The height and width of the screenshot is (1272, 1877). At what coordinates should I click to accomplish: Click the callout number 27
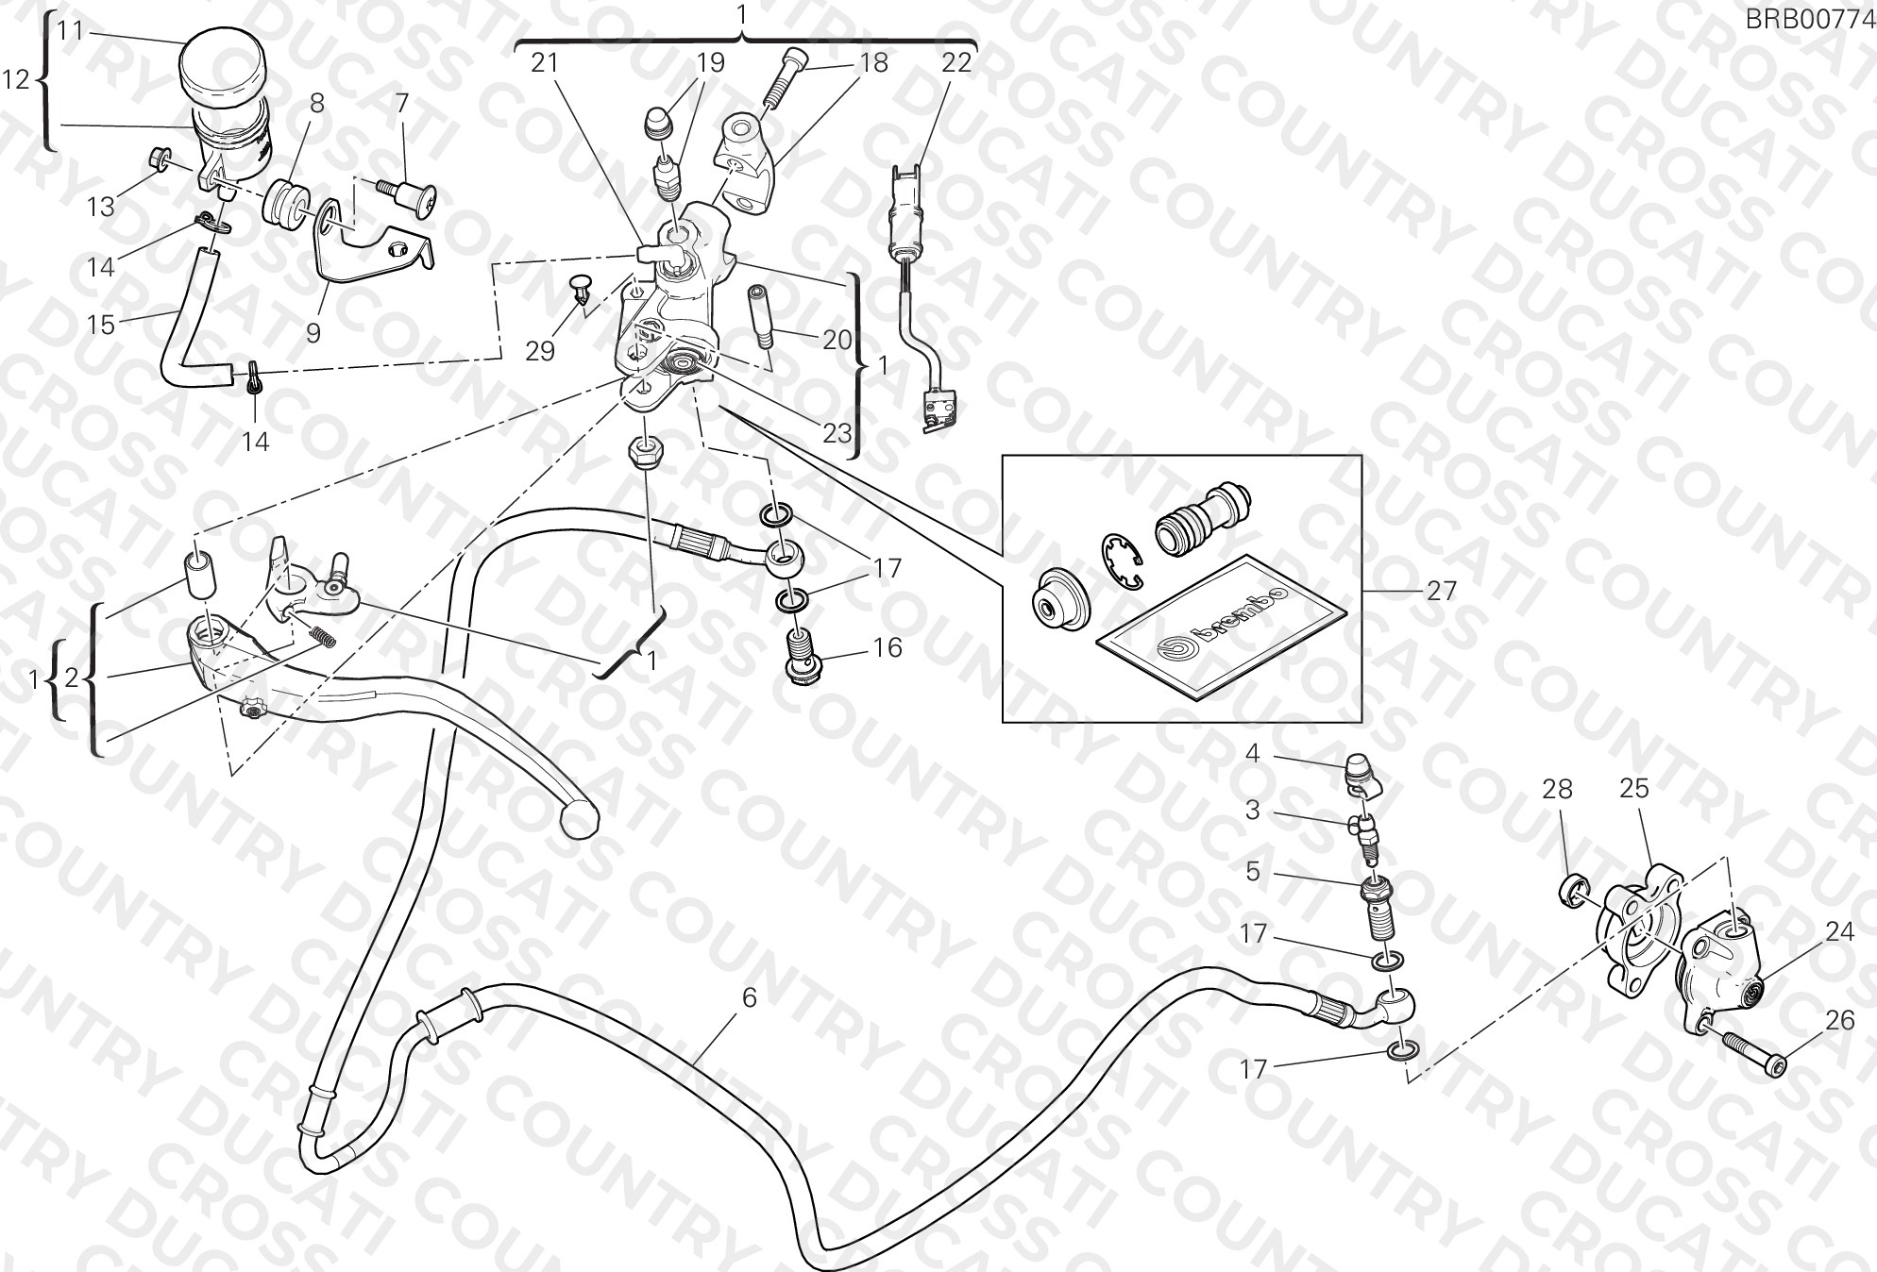pos(1442,591)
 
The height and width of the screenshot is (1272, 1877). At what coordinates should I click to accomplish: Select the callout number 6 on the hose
pos(749,997)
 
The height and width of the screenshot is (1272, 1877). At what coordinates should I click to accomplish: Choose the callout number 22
pos(956,62)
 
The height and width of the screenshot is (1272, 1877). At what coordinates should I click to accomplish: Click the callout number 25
pos(1633,788)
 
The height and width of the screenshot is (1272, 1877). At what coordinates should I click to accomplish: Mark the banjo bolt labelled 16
pos(803,654)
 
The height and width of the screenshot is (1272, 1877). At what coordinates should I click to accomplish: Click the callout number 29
pos(540,351)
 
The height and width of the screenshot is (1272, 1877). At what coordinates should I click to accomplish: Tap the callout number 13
pos(101,207)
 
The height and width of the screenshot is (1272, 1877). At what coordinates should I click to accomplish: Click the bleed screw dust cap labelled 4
pos(1363,774)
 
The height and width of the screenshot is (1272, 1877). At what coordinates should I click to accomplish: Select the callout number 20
pos(837,339)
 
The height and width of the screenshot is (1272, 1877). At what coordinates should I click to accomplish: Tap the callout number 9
pos(313,332)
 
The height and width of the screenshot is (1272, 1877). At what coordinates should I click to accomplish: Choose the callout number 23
pos(837,433)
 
